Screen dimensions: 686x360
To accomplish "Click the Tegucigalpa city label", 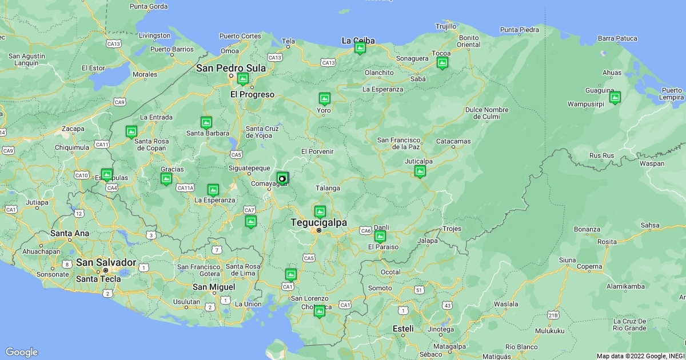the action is tap(318, 222).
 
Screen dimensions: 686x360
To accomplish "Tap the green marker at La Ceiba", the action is tap(360, 48).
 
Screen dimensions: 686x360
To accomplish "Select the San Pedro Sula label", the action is tap(231, 68).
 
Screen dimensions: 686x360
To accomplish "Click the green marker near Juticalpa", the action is tap(420, 171).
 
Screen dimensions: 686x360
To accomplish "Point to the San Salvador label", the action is tap(106, 262).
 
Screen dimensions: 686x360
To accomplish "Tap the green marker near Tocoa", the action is tap(442, 62).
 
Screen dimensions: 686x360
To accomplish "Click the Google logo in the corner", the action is tap(21, 352).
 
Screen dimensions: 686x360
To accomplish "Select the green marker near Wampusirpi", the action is tap(615, 98).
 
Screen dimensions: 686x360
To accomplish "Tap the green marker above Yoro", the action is tap(324, 98).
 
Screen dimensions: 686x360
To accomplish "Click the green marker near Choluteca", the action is tap(319, 311).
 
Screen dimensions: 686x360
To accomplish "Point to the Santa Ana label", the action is tap(70, 233).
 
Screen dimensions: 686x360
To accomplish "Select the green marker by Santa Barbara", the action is tap(206, 122).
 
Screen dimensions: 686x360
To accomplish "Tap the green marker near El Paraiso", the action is tap(380, 236).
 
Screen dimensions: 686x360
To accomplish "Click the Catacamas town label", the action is tap(453, 141).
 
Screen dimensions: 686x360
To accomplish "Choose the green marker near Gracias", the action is tap(166, 179).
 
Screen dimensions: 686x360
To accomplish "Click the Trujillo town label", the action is tap(446, 26).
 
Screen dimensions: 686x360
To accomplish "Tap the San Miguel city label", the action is tap(213, 287).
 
